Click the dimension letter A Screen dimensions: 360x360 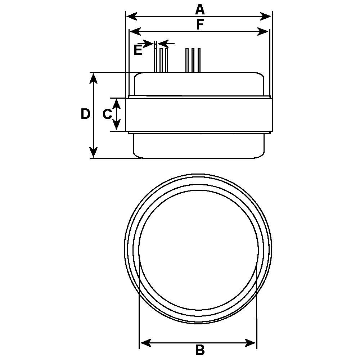click(x=200, y=9)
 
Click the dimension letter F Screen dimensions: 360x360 click(x=200, y=24)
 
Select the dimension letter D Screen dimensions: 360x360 click(x=85, y=114)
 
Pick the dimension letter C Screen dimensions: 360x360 click(x=107, y=114)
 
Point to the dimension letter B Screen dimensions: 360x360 click(x=200, y=350)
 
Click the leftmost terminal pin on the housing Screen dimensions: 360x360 click(x=155, y=59)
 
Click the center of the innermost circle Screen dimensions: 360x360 click(x=198, y=249)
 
